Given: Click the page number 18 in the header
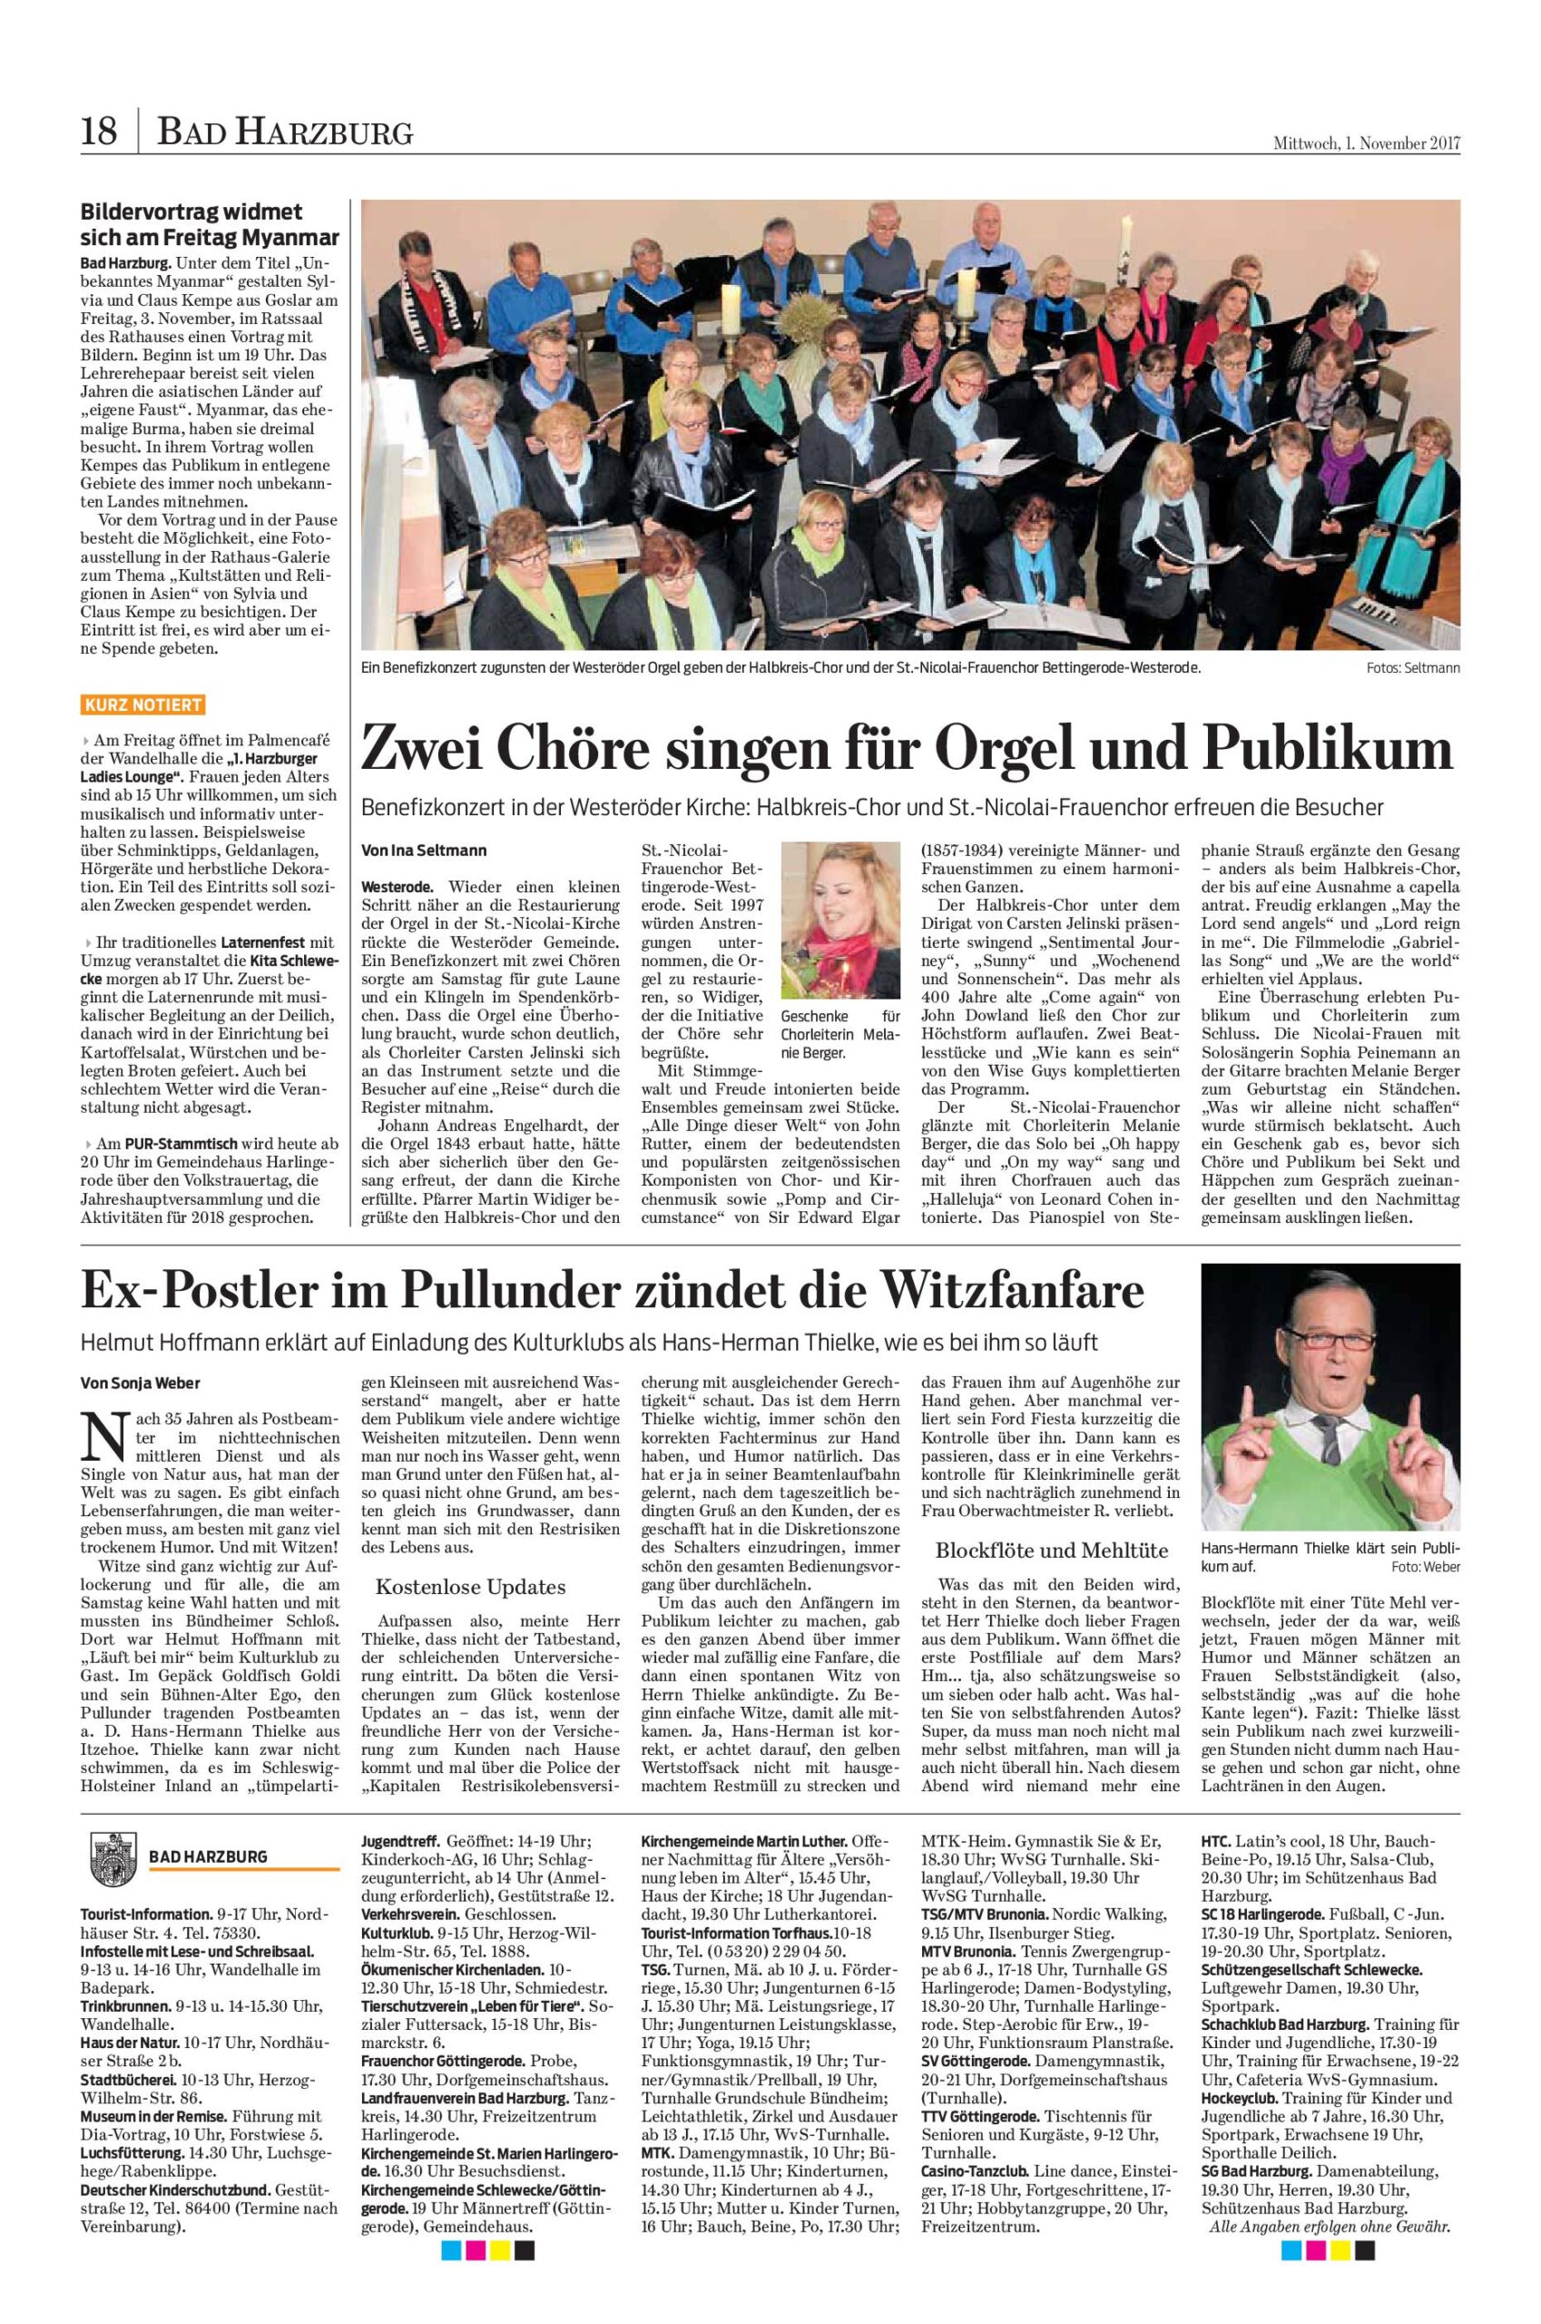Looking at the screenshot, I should coord(100,131).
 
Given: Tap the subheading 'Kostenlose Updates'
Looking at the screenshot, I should coord(471,1587).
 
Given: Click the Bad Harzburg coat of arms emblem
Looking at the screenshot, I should coord(108,1855).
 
